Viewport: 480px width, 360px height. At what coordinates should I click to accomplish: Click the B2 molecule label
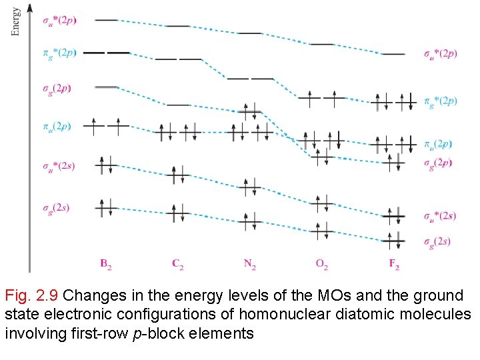click(106, 264)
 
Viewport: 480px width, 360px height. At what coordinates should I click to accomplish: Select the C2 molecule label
click(178, 264)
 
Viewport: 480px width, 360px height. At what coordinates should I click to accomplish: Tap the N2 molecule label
click(250, 264)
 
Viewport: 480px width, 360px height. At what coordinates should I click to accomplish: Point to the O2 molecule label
click(322, 264)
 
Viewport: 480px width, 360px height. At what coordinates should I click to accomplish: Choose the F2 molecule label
click(394, 264)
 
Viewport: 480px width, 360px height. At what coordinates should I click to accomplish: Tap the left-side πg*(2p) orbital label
click(59, 52)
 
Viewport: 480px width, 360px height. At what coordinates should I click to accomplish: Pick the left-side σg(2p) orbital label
click(57, 87)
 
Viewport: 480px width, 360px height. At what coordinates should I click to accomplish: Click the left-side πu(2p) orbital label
click(56, 125)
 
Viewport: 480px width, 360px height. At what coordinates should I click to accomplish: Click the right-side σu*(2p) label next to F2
click(441, 53)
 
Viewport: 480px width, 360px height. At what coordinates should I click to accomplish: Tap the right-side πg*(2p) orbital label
click(441, 101)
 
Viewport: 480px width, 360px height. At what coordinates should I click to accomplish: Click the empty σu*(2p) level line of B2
click(107, 20)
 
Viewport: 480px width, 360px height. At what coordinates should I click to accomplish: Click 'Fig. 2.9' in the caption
click(31, 295)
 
